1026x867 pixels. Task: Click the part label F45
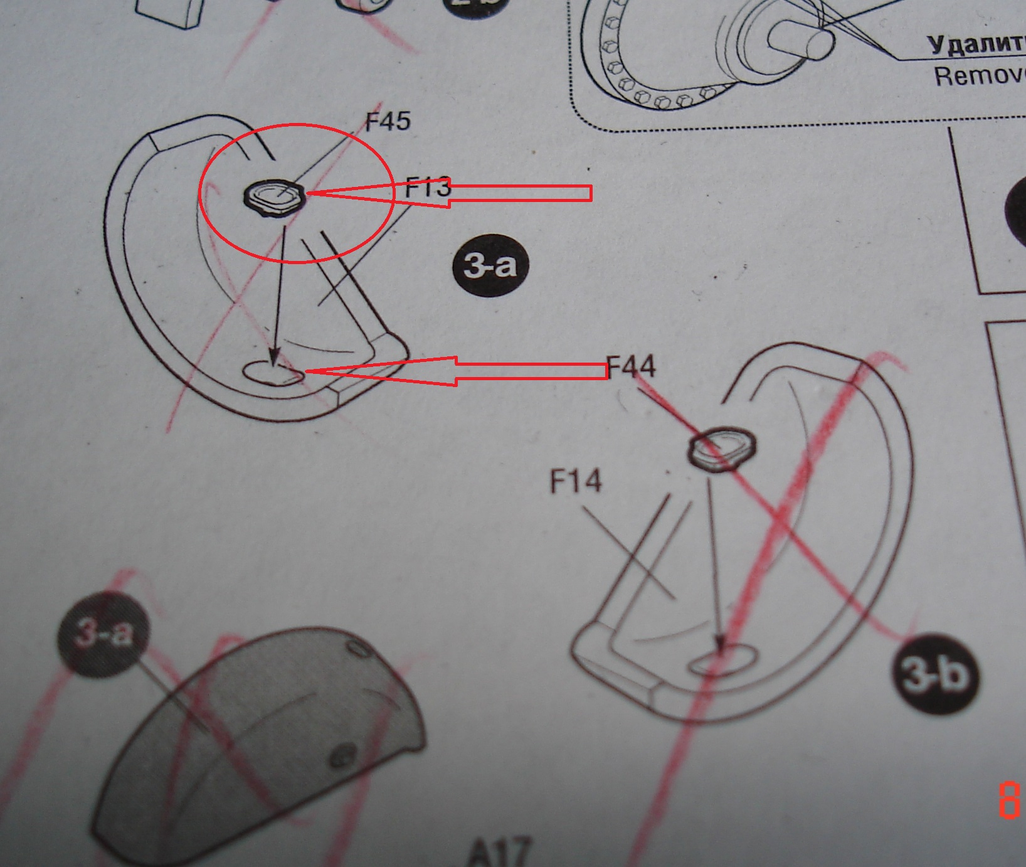(388, 120)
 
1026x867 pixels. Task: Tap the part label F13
(428, 187)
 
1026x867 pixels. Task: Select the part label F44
(632, 366)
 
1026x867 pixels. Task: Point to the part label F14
(576, 482)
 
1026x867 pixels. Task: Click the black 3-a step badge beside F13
(490, 266)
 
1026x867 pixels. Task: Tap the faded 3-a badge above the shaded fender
(103, 632)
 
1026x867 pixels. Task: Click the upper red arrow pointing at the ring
(448, 193)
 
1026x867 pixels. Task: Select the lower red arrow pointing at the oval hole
(455, 371)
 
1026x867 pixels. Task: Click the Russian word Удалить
(975, 44)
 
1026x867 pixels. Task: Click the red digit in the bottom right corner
(1008, 801)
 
